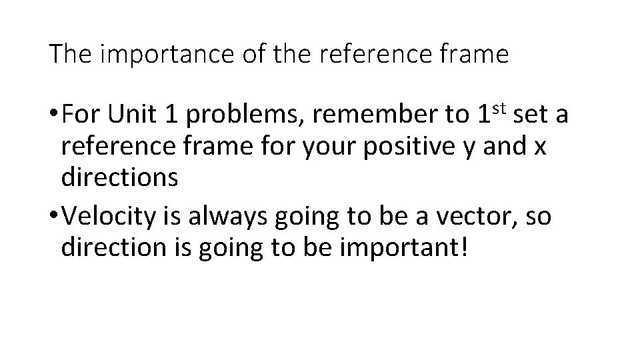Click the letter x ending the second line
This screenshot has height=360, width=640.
[539, 148]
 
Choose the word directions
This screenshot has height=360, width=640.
[119, 177]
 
